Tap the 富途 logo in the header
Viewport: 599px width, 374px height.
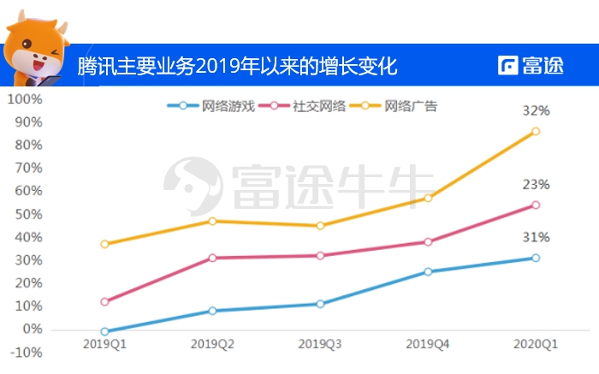tap(536, 66)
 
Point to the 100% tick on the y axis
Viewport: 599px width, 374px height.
tap(24, 99)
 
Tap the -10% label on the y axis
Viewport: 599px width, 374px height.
tap(26, 352)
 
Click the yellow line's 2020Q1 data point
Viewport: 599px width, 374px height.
tap(536, 131)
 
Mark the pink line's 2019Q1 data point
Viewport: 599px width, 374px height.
tap(104, 301)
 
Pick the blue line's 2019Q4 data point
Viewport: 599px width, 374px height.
tap(428, 271)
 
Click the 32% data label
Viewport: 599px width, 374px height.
tap(537, 111)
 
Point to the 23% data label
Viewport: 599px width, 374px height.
tap(537, 185)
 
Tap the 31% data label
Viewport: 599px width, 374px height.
tap(537, 237)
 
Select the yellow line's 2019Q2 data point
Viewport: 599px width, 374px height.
tap(212, 221)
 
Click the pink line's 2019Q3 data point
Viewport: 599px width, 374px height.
tap(320, 255)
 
